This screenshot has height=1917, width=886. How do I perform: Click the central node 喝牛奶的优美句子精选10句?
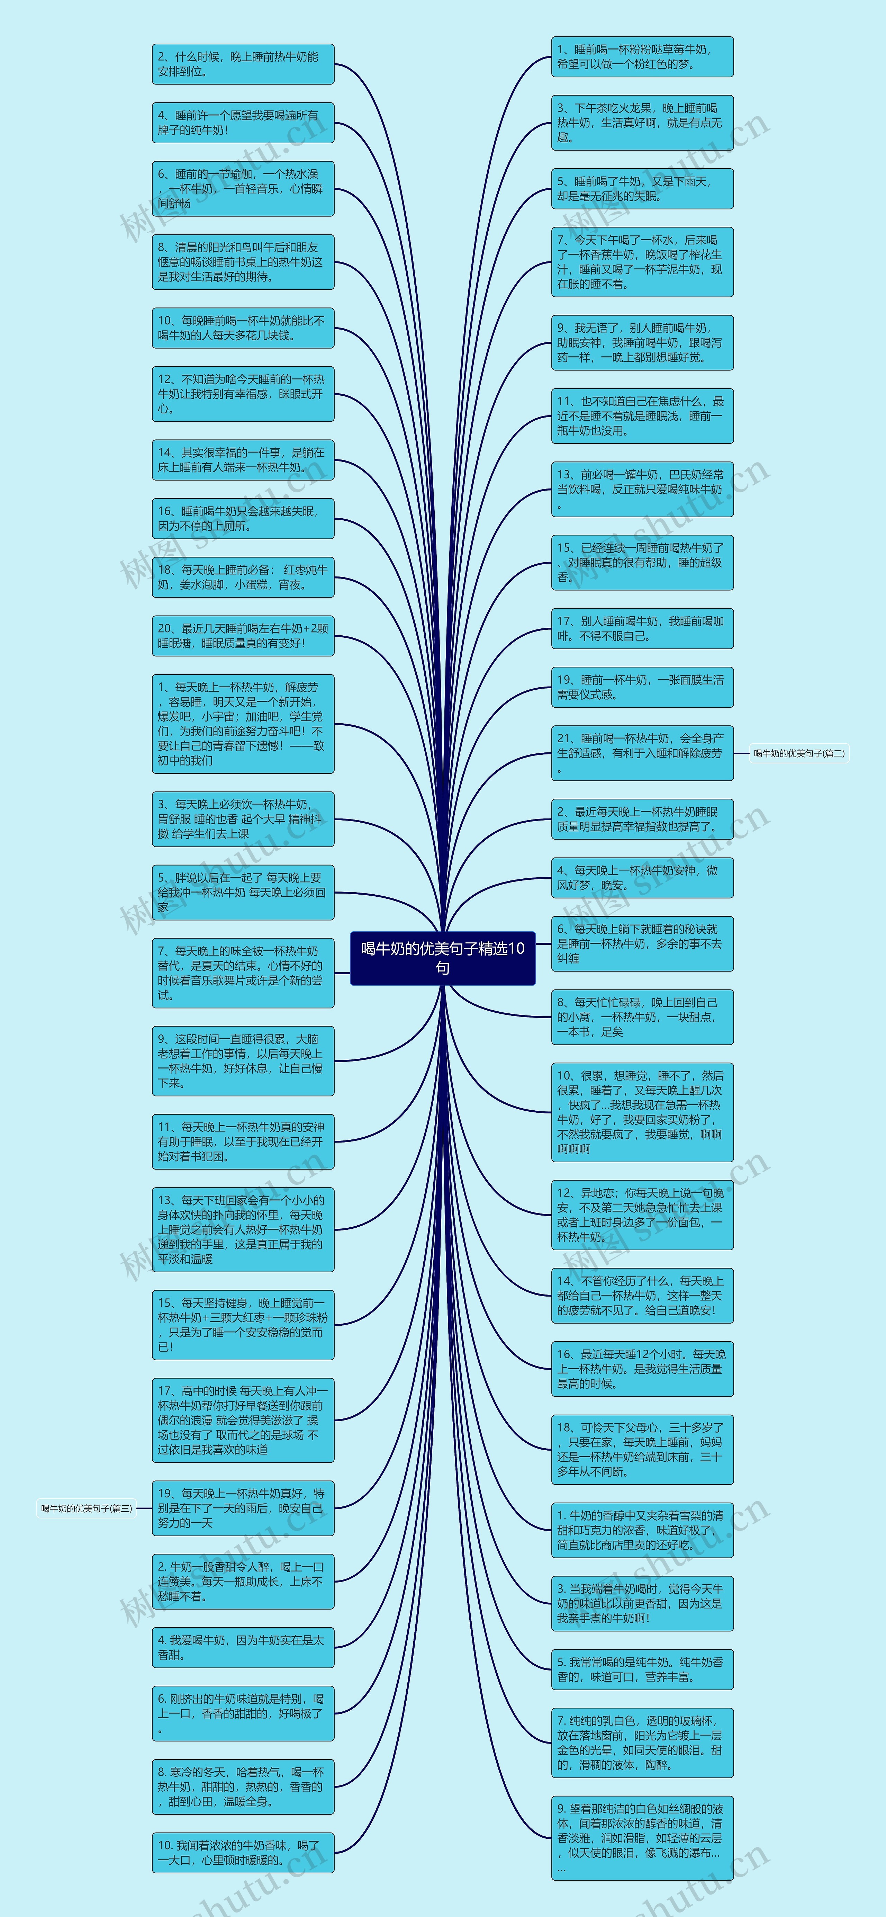[x=443, y=958]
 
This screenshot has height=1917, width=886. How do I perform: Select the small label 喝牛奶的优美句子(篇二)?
[x=799, y=753]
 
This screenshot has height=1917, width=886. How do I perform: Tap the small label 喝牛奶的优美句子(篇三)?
[x=86, y=1508]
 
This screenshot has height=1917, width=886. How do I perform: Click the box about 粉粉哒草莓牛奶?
[x=642, y=56]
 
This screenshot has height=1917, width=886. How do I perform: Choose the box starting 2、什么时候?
[x=243, y=64]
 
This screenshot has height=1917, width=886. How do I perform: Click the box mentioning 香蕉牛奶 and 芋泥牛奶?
[x=642, y=262]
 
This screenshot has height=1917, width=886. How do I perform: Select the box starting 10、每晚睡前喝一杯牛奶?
[x=243, y=328]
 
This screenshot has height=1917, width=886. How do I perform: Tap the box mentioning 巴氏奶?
[x=642, y=489]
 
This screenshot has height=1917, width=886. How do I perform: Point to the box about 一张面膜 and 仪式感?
[x=642, y=687]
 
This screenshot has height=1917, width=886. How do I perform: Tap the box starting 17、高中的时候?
[x=243, y=1420]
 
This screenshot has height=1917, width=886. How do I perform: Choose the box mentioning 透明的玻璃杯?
[x=642, y=1743]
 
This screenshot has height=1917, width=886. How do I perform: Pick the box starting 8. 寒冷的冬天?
[x=243, y=1787]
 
